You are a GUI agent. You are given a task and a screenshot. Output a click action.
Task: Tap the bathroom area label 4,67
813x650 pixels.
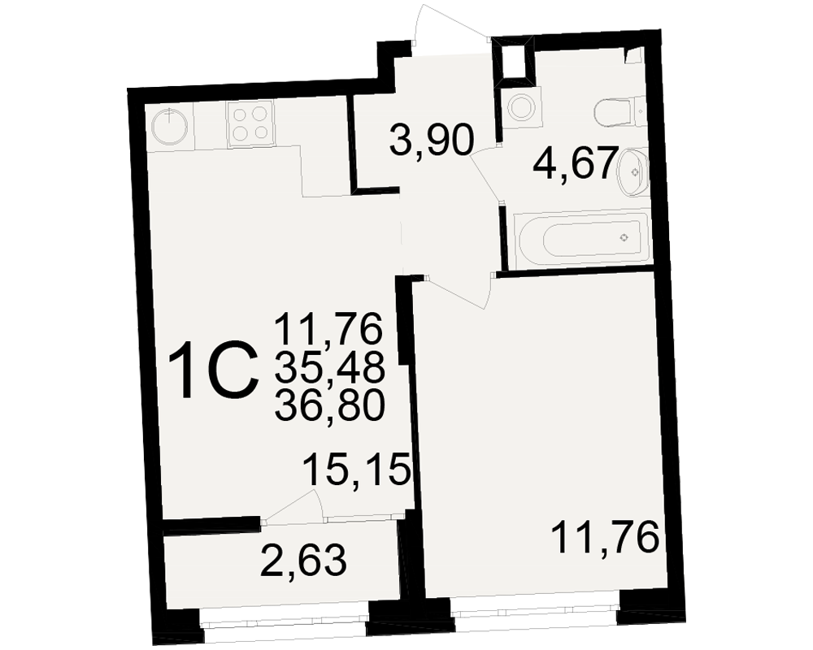(x=576, y=162)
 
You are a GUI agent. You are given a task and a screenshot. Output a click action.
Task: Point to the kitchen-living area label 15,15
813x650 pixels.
(x=356, y=470)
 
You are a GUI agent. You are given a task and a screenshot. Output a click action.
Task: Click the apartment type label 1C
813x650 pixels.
(x=214, y=370)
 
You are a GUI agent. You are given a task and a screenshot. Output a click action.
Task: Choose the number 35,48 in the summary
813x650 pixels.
(x=330, y=367)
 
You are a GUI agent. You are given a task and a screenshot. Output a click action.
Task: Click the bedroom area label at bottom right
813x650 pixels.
(x=605, y=537)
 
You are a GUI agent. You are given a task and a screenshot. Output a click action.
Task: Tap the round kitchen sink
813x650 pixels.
(x=170, y=126)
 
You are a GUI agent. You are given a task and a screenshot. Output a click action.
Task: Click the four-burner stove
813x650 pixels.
(x=250, y=124)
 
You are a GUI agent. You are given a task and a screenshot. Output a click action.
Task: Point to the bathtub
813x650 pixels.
(x=581, y=238)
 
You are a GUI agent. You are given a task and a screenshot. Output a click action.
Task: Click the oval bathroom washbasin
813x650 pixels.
(x=633, y=171)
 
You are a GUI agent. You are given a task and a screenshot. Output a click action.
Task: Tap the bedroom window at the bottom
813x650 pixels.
(x=534, y=609)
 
